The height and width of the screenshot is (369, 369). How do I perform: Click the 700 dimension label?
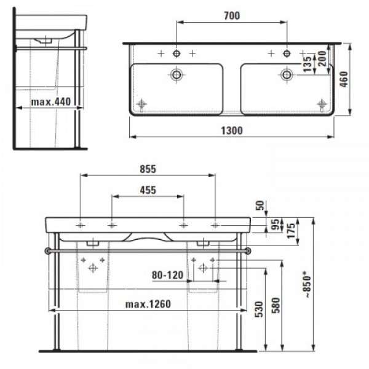[232, 16]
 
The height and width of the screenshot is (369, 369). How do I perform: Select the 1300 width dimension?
[232, 130]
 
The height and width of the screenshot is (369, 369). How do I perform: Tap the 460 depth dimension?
[344, 79]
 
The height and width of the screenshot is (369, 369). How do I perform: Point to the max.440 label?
[51, 102]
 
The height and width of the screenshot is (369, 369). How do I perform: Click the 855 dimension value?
[148, 169]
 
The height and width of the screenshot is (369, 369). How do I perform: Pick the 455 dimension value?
[148, 190]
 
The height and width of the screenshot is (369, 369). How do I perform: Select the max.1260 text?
[148, 304]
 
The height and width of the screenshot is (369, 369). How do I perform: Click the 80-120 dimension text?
[167, 275]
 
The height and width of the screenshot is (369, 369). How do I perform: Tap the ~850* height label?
[308, 284]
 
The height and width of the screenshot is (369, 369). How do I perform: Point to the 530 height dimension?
[259, 309]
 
